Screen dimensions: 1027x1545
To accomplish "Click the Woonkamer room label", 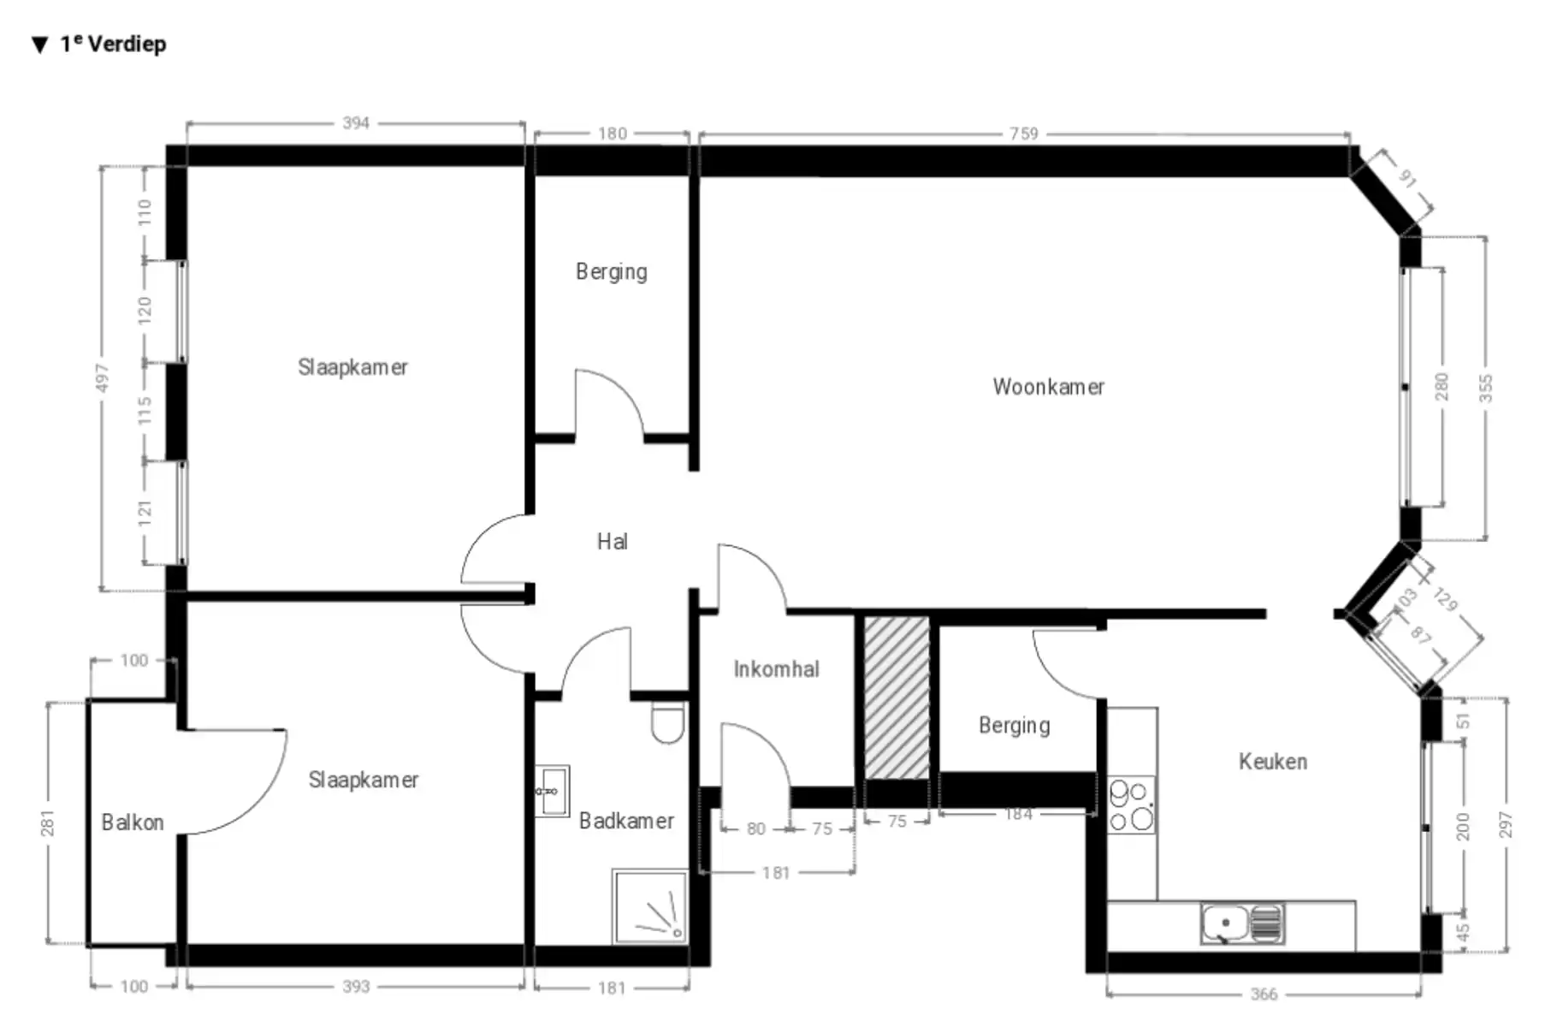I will tap(1048, 387).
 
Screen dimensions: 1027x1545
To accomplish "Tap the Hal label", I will tap(612, 542).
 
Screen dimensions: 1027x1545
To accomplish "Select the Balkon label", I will tap(133, 822).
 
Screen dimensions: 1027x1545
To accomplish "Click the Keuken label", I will tap(1272, 762).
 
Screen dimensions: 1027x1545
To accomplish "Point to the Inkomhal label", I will tap(776, 669).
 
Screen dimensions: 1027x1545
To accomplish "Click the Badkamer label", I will tap(626, 822).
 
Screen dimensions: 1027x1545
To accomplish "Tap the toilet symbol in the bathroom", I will tap(668, 724).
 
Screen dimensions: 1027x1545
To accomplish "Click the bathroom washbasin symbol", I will tap(553, 792).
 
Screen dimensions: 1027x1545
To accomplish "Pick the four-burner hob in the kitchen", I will tap(1131, 805).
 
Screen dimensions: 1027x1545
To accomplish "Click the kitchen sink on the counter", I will tap(1242, 924).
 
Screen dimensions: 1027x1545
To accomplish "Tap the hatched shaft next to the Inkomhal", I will tap(897, 698).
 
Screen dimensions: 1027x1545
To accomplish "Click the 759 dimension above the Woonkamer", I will tap(1023, 134).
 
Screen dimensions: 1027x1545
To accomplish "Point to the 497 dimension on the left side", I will tap(102, 377).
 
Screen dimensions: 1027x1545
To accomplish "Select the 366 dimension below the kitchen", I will tap(1263, 994).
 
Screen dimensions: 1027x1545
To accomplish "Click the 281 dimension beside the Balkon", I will tap(48, 822).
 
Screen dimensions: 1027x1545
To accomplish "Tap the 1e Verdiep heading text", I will tap(113, 44).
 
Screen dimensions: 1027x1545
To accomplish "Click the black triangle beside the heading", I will tap(39, 45).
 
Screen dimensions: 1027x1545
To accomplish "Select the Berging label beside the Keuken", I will tap(1014, 726).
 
